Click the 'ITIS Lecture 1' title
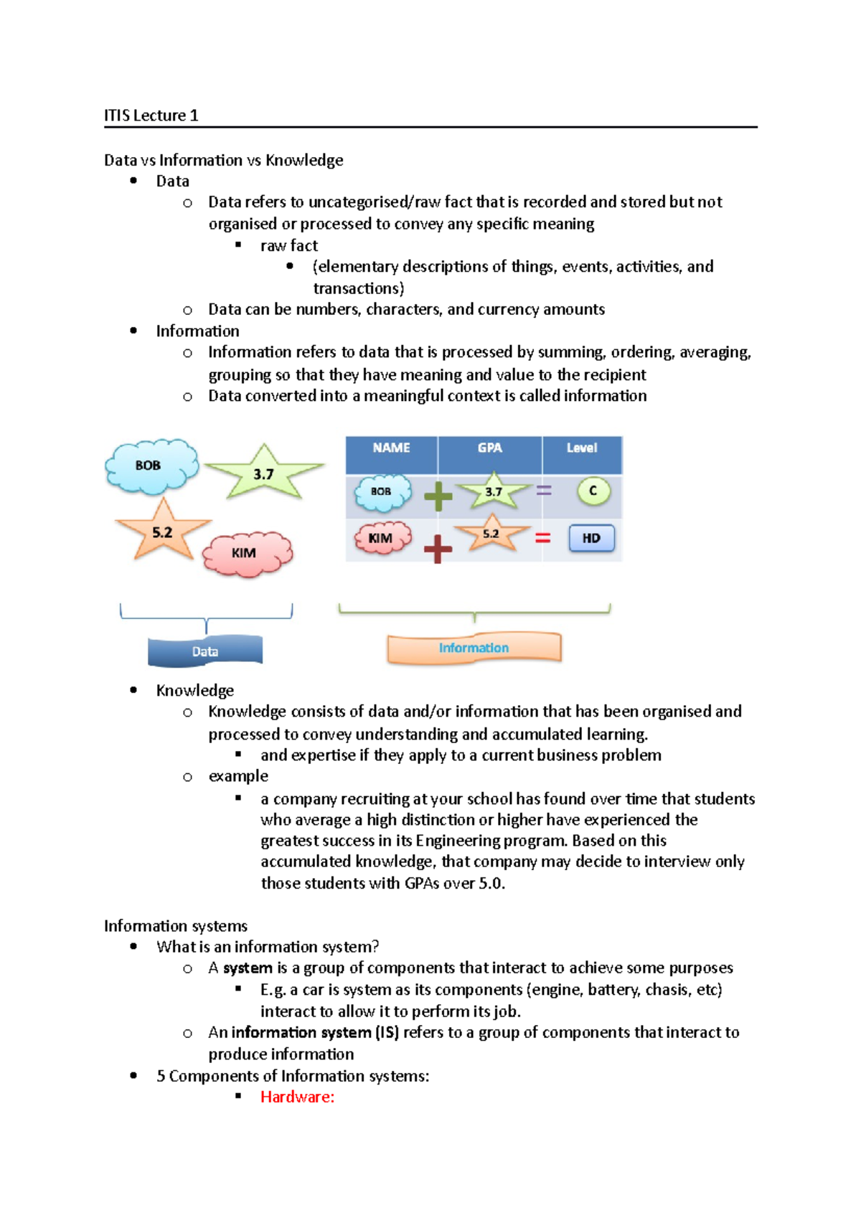pos(151,115)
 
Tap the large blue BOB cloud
pos(151,466)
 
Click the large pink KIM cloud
pos(247,553)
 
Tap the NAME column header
pos(391,448)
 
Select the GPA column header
pos(489,448)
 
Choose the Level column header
pos(581,448)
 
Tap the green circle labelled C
pos(593,491)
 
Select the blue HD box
pos(591,538)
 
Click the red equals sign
pos(543,537)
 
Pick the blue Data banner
pos(205,651)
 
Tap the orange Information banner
pos(474,648)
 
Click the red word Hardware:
pos(297,1097)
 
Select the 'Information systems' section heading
pos(176,926)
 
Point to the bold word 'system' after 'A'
pos(248,968)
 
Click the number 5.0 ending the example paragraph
pos(491,884)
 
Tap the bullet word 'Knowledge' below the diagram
pos(195,691)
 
